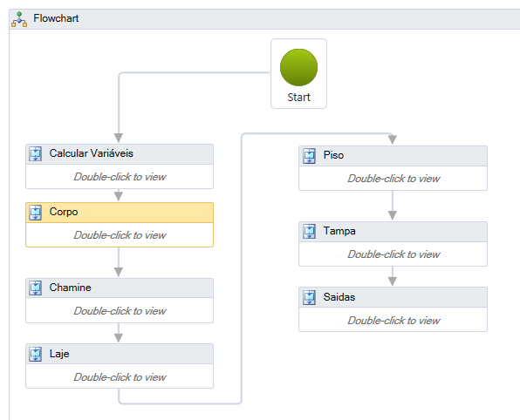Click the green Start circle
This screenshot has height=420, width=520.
(298, 68)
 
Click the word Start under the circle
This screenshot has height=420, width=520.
(298, 98)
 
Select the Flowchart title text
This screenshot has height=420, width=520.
(56, 18)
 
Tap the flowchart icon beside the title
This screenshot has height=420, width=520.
(19, 19)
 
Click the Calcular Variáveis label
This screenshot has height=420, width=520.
(92, 153)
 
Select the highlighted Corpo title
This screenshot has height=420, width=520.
(64, 212)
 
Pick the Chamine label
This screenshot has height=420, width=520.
(71, 288)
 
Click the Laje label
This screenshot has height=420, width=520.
(59, 354)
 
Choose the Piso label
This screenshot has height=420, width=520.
(333, 155)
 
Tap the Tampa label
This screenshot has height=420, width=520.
(339, 231)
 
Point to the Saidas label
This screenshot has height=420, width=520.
(339, 297)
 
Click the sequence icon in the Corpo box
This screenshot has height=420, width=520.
(36, 213)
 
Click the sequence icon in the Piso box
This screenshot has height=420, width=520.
(310, 156)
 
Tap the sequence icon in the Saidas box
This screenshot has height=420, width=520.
(310, 297)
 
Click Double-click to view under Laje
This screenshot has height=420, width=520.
(120, 377)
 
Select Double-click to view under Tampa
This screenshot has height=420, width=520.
(393, 254)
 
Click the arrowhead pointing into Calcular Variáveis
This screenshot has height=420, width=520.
(119, 138)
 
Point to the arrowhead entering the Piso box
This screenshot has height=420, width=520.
(393, 139)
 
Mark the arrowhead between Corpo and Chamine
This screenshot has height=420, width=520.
(119, 272)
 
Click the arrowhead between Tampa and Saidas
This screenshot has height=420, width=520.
(393, 281)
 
